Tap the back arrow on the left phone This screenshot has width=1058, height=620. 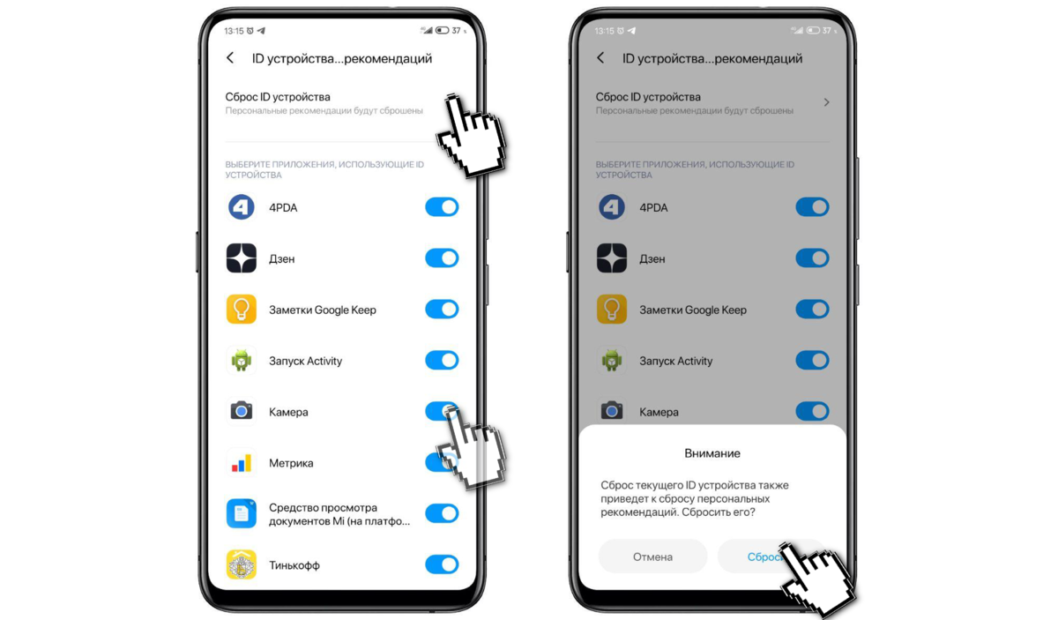click(x=230, y=58)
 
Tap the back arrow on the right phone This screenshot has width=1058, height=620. click(x=600, y=58)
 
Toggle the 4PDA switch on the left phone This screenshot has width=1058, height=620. click(x=442, y=207)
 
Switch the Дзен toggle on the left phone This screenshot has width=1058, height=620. click(x=442, y=258)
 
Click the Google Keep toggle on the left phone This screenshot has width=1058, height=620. click(x=442, y=309)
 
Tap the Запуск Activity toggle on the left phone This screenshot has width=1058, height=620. click(x=442, y=360)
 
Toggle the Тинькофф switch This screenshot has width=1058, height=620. click(x=442, y=564)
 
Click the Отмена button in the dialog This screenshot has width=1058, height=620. click(x=652, y=557)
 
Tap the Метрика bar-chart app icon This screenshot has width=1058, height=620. click(x=242, y=463)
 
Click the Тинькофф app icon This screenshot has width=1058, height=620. click(x=242, y=564)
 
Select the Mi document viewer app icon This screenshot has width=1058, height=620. click(x=242, y=513)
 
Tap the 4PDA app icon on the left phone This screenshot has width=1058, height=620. click(x=242, y=207)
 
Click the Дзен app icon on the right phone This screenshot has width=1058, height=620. click(x=612, y=258)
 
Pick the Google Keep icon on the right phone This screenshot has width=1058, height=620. click(x=612, y=309)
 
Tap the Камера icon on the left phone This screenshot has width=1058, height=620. click(x=242, y=411)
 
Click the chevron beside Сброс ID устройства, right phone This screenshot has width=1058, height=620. click(x=827, y=102)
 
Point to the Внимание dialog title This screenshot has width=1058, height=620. click(x=712, y=453)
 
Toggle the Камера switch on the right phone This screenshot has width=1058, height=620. click(x=812, y=411)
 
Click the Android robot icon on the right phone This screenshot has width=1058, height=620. click(x=612, y=360)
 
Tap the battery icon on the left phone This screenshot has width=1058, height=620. click(x=442, y=30)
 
